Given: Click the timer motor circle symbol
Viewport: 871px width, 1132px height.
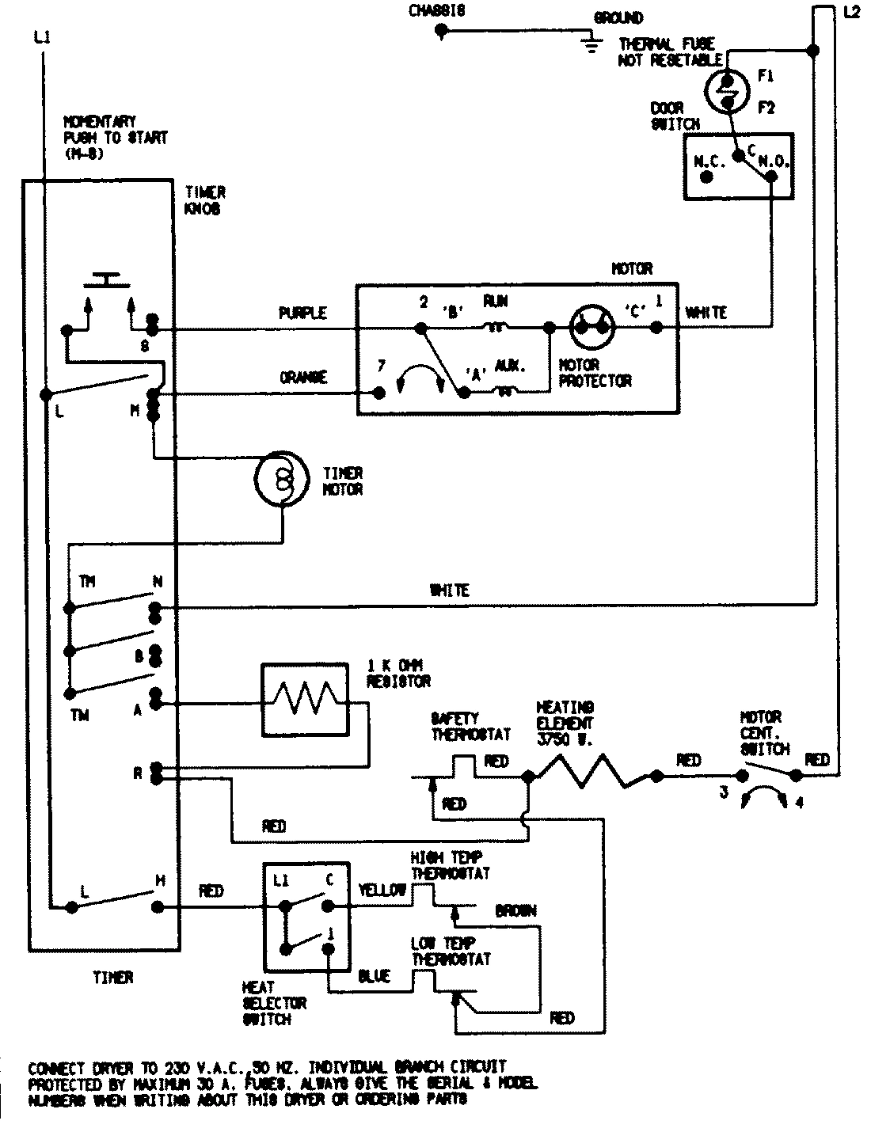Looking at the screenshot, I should [x=280, y=479].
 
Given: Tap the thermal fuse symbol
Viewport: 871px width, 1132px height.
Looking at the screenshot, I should [x=726, y=89].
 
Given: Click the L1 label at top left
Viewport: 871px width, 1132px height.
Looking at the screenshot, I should [x=41, y=36].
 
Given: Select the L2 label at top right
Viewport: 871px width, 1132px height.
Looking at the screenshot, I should [x=851, y=13].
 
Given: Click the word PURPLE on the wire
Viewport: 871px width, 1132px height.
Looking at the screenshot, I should [x=302, y=313].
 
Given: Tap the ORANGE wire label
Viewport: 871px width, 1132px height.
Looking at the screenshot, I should [x=302, y=378].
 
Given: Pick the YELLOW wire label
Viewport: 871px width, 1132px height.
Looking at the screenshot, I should [x=382, y=889].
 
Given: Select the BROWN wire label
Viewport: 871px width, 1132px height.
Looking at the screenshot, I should [x=515, y=910].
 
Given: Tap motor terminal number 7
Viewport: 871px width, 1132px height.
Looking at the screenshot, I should [x=381, y=367].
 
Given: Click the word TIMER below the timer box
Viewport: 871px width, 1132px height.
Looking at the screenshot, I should [x=112, y=978].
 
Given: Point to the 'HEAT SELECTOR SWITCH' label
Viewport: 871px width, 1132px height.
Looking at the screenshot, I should [x=274, y=1003].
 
